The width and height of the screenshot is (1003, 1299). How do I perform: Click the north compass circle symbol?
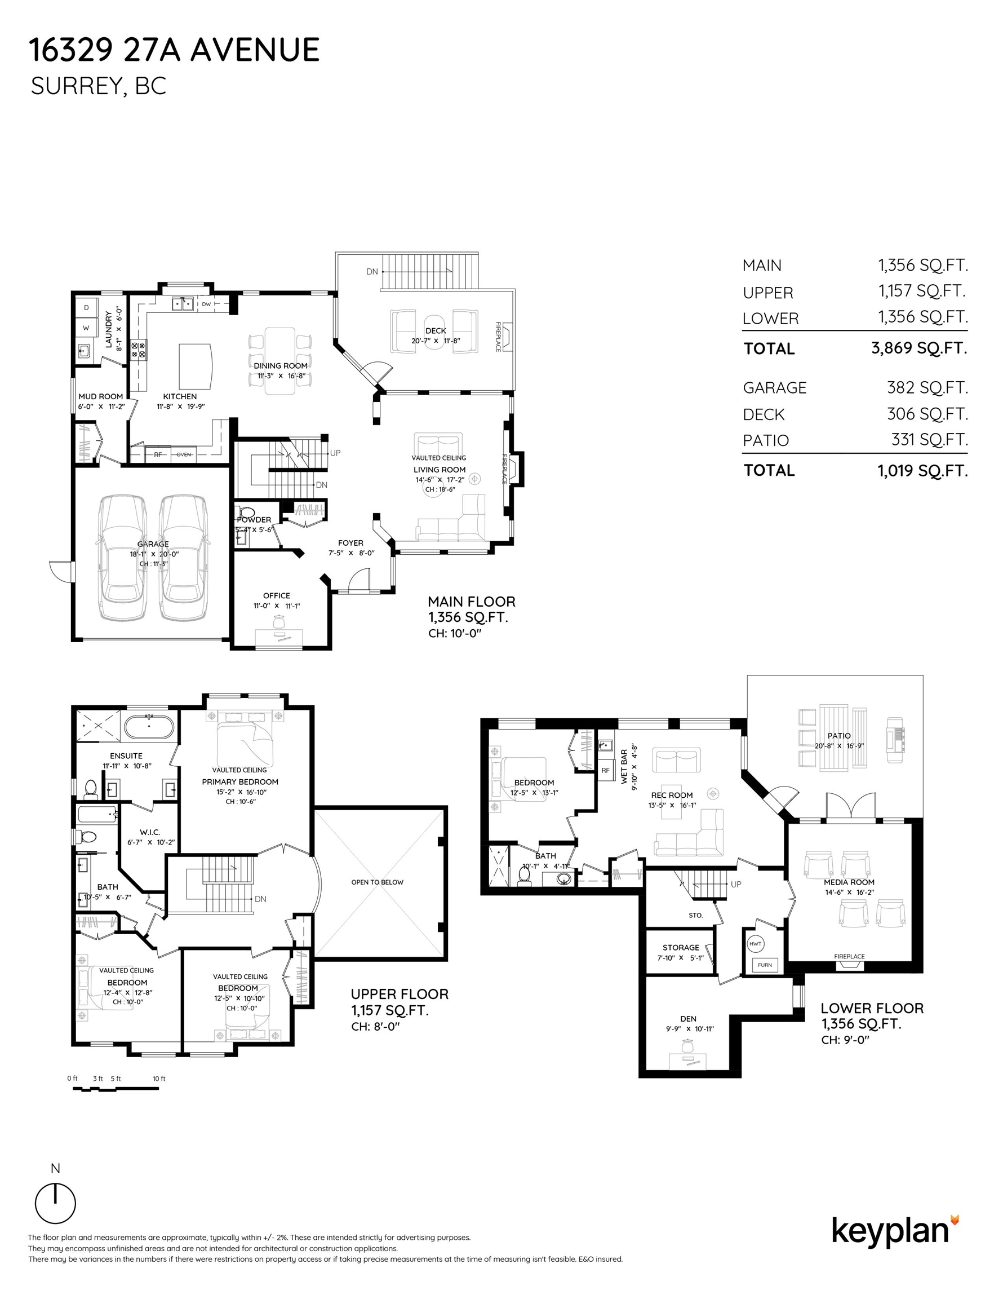coord(55,1203)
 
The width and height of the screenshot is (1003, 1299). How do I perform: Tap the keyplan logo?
coord(895,1232)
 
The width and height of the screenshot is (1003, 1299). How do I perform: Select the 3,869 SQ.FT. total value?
coord(919,348)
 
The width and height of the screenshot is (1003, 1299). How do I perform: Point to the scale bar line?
coord(116,1089)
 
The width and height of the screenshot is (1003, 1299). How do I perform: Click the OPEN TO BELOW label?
coord(377,882)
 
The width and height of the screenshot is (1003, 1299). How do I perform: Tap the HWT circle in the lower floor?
coord(755,944)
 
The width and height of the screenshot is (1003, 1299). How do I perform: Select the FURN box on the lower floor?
coord(765,965)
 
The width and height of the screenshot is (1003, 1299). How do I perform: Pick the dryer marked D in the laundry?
coord(87,307)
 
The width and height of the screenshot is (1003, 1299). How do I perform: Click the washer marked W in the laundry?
coord(87,328)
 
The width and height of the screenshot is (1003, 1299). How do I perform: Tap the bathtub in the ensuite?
coord(149,727)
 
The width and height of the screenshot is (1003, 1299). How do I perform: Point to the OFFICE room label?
coord(277,595)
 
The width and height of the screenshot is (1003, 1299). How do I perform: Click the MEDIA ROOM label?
coord(849,882)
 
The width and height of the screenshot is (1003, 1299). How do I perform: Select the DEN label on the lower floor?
coord(689,1019)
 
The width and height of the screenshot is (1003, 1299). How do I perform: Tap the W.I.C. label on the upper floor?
coord(150,832)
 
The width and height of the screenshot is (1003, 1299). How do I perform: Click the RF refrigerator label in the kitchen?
coord(158,455)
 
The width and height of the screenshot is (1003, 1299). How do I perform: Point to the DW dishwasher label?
coord(206,304)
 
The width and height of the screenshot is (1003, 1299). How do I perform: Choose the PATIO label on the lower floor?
coord(839,736)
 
